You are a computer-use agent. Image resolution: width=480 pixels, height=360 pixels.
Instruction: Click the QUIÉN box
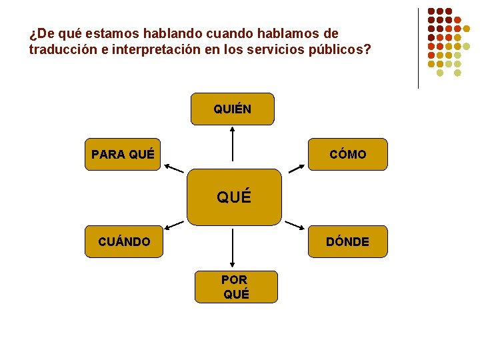pyautogui.click(x=232, y=109)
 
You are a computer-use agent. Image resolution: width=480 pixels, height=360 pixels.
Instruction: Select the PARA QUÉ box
pyautogui.click(x=123, y=155)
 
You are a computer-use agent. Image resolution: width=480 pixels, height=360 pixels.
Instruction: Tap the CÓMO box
pyautogui.click(x=347, y=155)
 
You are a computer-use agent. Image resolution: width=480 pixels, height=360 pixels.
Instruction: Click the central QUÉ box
pyautogui.click(x=234, y=197)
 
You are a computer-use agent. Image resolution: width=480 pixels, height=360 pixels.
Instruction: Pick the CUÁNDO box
pyautogui.click(x=124, y=241)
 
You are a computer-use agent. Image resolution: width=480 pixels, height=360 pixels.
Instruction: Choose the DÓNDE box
pyautogui.click(x=347, y=241)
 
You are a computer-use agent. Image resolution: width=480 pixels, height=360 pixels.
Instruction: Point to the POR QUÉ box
pyautogui.click(x=235, y=287)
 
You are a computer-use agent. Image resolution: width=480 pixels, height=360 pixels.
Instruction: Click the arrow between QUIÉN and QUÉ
pyautogui.click(x=232, y=143)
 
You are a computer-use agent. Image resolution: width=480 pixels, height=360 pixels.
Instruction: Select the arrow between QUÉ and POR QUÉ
pyautogui.click(x=232, y=248)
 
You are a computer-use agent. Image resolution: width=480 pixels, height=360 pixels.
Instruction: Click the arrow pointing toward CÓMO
pyautogui.click(x=294, y=167)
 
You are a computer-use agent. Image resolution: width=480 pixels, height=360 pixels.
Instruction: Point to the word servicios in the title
pyautogui.click(x=273, y=49)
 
